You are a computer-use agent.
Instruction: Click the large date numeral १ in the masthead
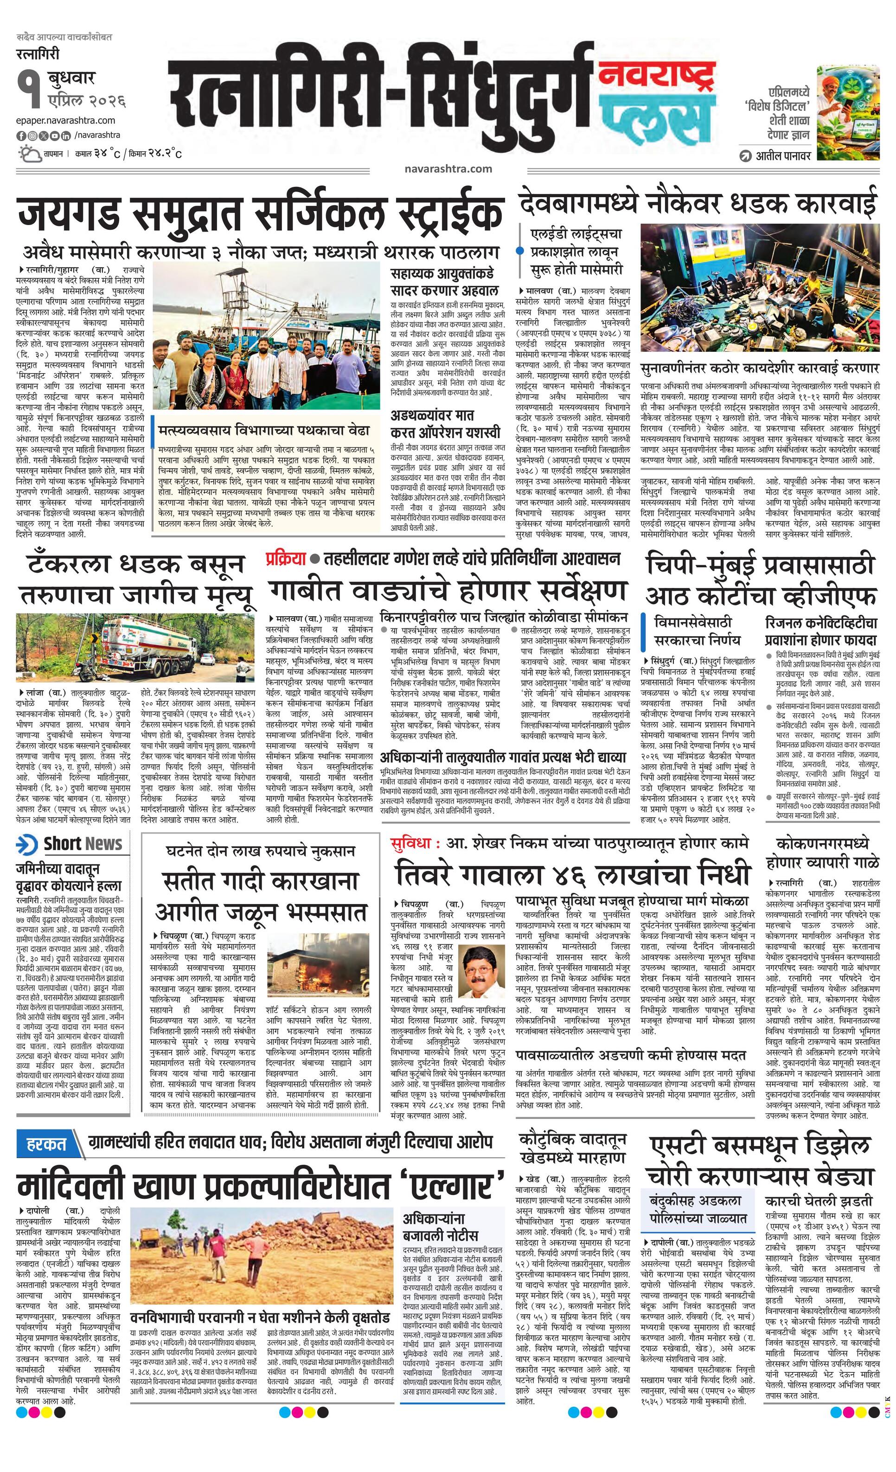tap(27, 87)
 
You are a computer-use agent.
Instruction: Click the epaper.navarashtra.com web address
tap(66, 121)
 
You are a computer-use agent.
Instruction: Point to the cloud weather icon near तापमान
tap(29, 154)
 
